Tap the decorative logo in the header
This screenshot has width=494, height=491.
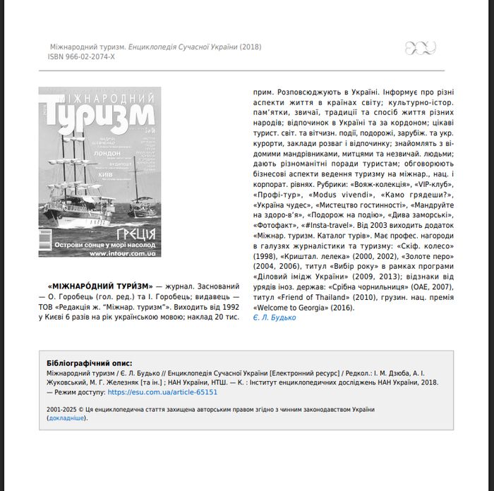point(420,48)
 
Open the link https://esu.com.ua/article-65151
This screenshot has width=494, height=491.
point(162,392)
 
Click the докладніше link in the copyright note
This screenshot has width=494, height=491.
point(66,418)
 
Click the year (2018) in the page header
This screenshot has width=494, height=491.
point(251,47)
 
